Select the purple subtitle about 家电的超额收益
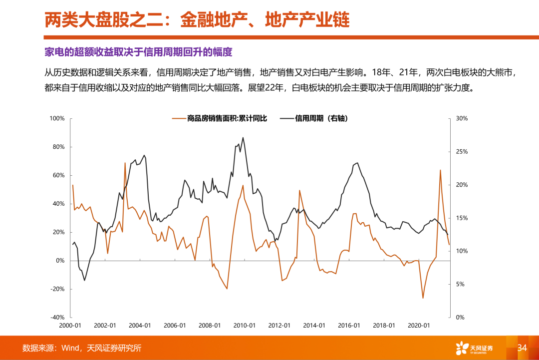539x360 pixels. click(x=139, y=52)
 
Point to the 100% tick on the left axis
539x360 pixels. click(x=57, y=118)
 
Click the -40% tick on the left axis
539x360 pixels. click(x=57, y=318)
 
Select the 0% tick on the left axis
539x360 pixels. click(x=60, y=261)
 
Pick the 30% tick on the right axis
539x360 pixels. click(x=462, y=118)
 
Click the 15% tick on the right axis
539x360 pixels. click(x=462, y=218)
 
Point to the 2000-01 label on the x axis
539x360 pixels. click(x=70, y=326)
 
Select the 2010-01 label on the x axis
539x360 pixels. click(x=245, y=326)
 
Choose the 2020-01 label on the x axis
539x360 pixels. click(x=419, y=326)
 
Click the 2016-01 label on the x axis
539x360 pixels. click(x=349, y=326)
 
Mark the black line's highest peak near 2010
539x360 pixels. click(x=243, y=138)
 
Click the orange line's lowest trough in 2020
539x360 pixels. click(x=423, y=298)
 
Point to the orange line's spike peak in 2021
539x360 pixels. click(x=440, y=170)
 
